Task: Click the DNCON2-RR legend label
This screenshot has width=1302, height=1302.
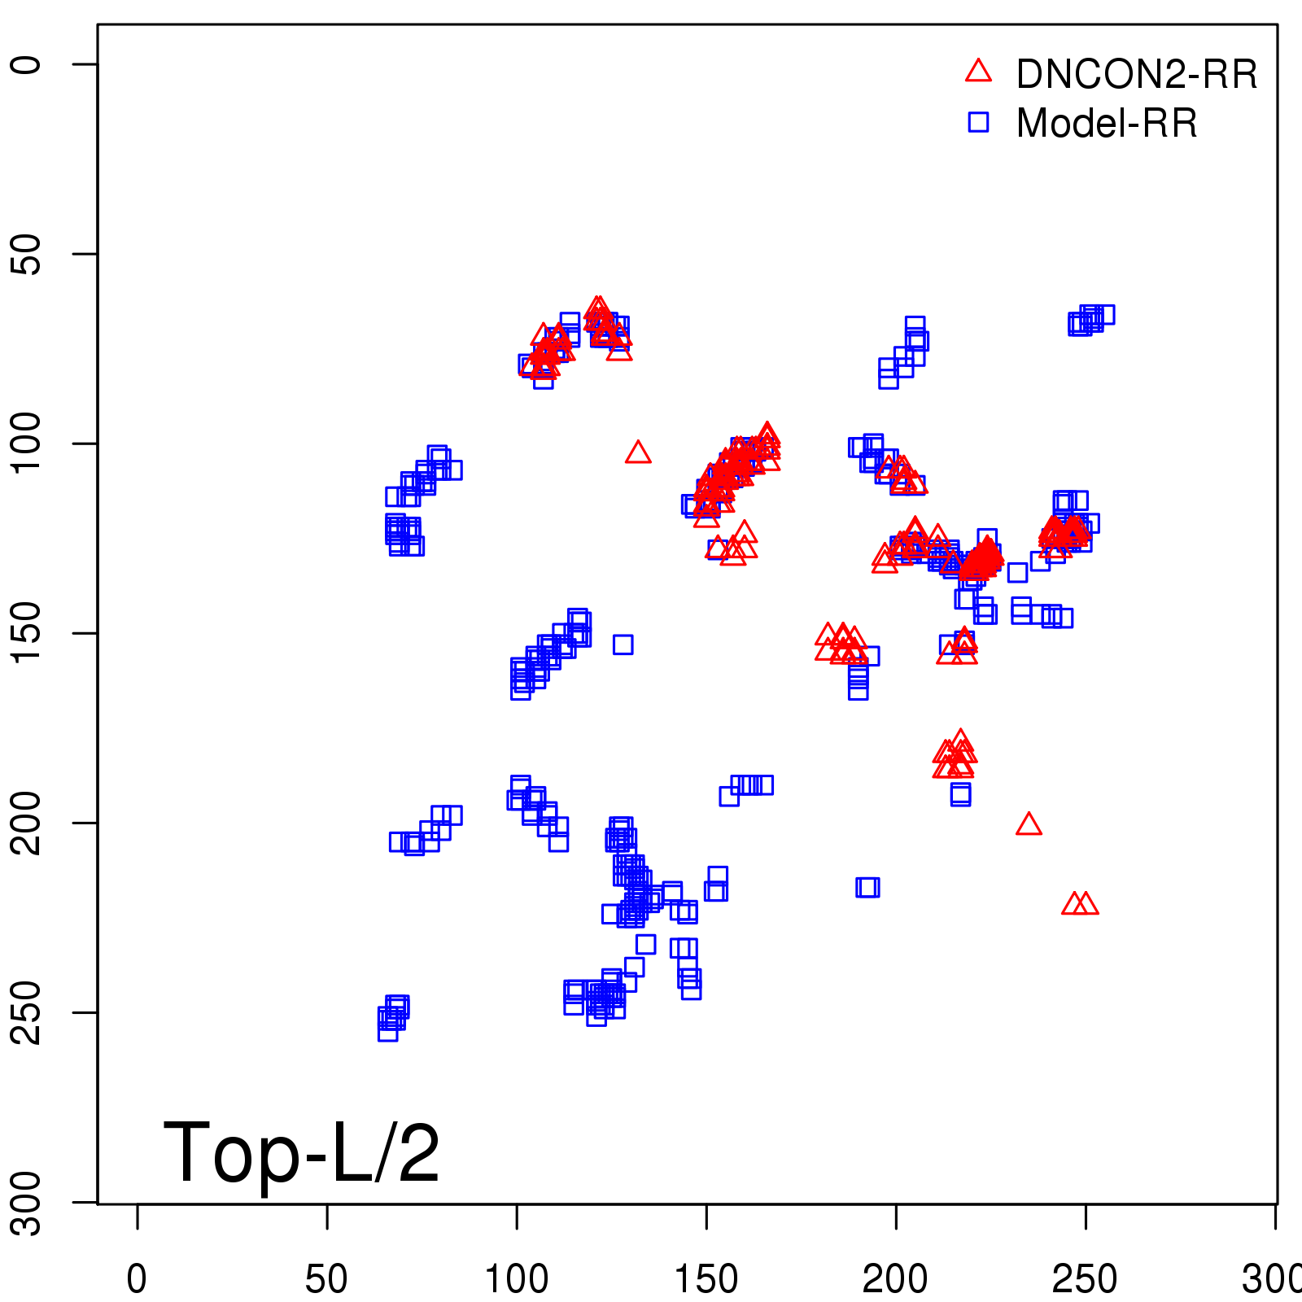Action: tap(1136, 75)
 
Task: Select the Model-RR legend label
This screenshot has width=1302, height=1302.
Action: tap(1107, 124)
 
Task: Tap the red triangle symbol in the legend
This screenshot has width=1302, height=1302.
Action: tap(978, 72)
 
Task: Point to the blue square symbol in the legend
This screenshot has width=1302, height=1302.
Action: tap(978, 122)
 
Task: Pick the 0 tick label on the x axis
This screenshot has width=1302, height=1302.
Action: tap(137, 1279)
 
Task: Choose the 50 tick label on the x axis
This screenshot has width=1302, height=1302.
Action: tap(326, 1279)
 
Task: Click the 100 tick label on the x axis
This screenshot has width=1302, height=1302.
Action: tap(517, 1279)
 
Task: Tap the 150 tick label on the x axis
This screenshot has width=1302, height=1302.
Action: tap(706, 1279)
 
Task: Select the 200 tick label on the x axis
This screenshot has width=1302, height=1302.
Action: tap(895, 1279)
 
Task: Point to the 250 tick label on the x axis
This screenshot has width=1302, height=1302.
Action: tap(1085, 1279)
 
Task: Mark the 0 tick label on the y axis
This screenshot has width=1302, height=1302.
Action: tap(26, 64)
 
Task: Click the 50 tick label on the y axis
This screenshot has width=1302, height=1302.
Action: tap(26, 254)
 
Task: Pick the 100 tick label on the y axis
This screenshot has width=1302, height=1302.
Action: tap(26, 443)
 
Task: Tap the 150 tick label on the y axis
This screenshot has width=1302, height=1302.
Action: tap(26, 633)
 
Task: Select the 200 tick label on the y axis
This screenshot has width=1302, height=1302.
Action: tap(26, 823)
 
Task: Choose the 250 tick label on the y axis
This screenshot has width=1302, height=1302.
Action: tap(26, 1012)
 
